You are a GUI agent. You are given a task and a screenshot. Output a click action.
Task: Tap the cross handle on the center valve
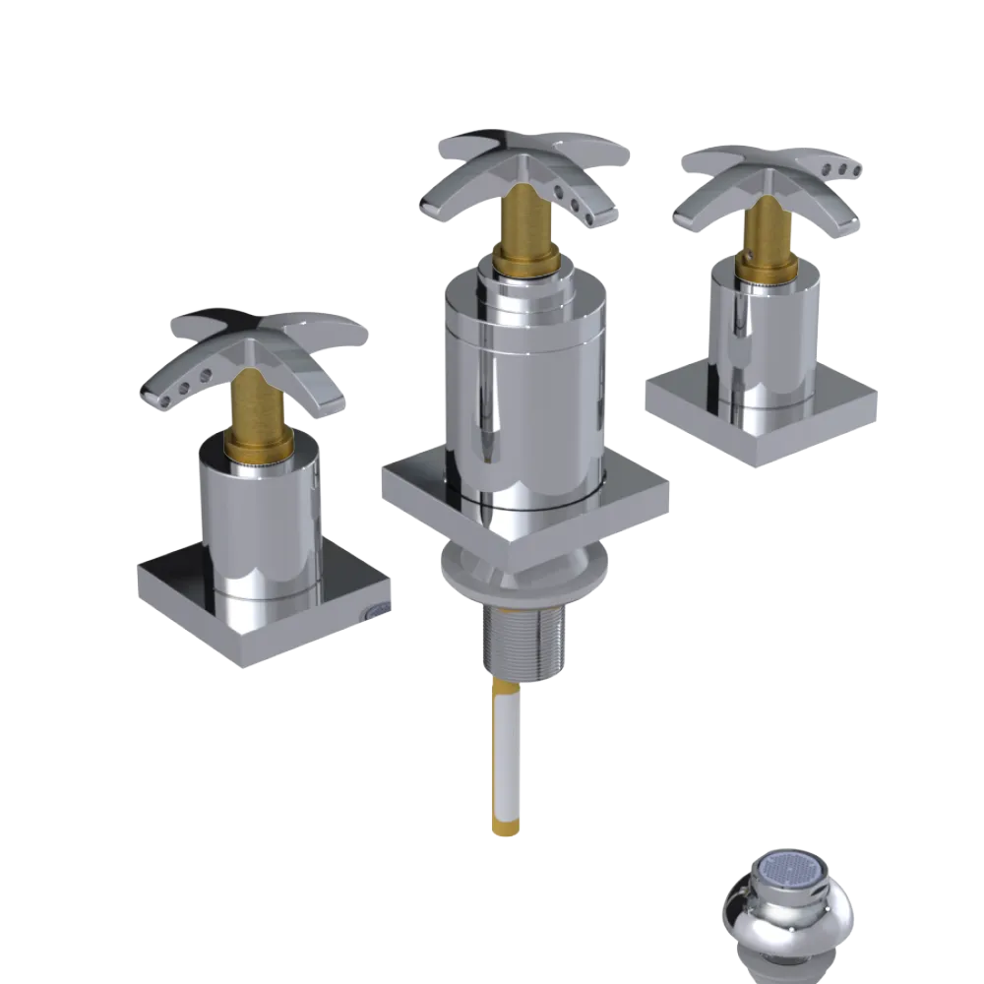[x=522, y=167]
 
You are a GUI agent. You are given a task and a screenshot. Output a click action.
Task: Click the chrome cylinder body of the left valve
[x=261, y=522]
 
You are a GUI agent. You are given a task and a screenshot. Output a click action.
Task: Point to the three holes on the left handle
[x=190, y=386]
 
